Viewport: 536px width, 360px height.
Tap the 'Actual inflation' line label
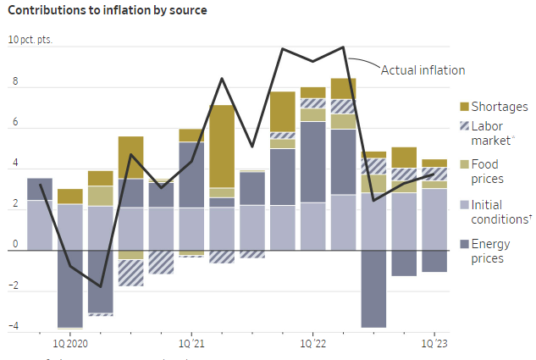point(423,70)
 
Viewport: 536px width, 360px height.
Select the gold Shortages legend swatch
point(464,107)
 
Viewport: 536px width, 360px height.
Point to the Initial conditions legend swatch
point(464,205)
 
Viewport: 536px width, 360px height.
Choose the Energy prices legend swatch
point(464,245)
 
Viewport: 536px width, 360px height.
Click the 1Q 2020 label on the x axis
point(70,343)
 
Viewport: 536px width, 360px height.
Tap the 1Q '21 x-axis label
point(192,343)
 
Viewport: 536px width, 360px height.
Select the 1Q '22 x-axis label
point(313,343)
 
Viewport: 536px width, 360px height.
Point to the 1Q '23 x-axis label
point(434,343)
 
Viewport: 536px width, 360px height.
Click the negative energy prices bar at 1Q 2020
point(70,288)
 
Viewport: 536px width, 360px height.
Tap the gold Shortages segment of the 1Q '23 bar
point(434,163)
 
